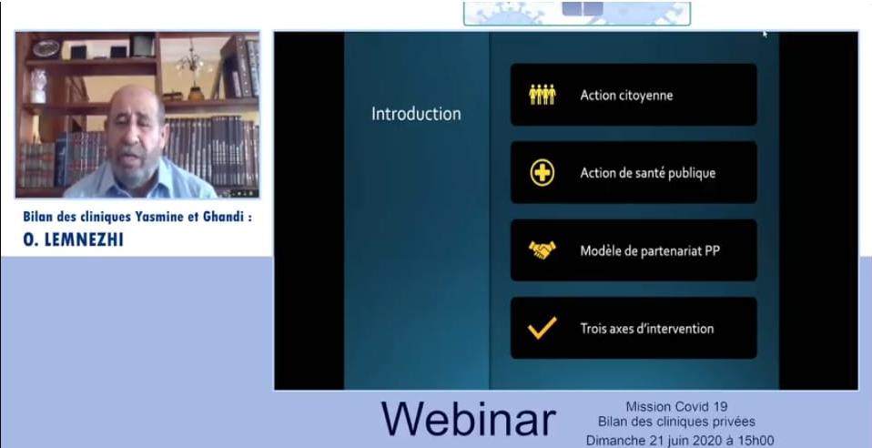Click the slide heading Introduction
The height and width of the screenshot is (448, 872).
[416, 114]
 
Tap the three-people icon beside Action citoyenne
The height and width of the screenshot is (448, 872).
[542, 95]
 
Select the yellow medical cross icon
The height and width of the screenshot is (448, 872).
[542, 172]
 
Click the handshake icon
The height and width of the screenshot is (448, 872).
[542, 249]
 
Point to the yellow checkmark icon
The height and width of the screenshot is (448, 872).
[542, 328]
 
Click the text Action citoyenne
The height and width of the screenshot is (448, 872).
[627, 96]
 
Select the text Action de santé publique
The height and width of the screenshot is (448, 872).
[648, 173]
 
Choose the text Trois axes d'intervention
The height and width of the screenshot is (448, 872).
[647, 329]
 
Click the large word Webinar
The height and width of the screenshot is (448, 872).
[469, 419]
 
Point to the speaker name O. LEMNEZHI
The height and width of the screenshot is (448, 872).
[74, 239]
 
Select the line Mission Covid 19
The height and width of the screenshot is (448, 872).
[676, 407]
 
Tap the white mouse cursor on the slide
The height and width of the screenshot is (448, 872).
[766, 34]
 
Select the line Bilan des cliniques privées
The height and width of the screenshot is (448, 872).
[677, 422]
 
